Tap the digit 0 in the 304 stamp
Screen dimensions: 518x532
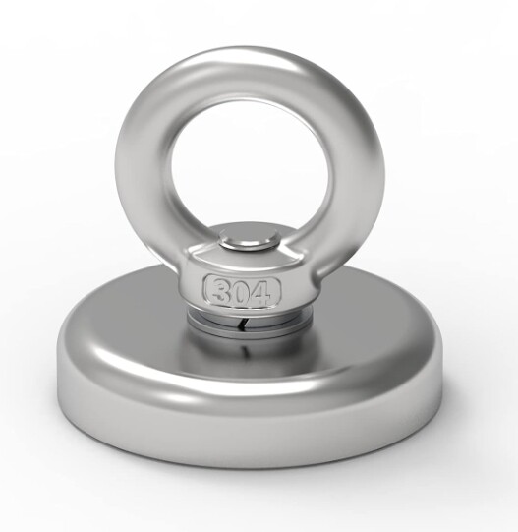coord(242,292)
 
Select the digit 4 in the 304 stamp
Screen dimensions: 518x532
coord(261,292)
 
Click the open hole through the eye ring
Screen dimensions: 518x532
coord(250,171)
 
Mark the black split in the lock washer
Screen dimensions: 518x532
coord(242,325)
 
